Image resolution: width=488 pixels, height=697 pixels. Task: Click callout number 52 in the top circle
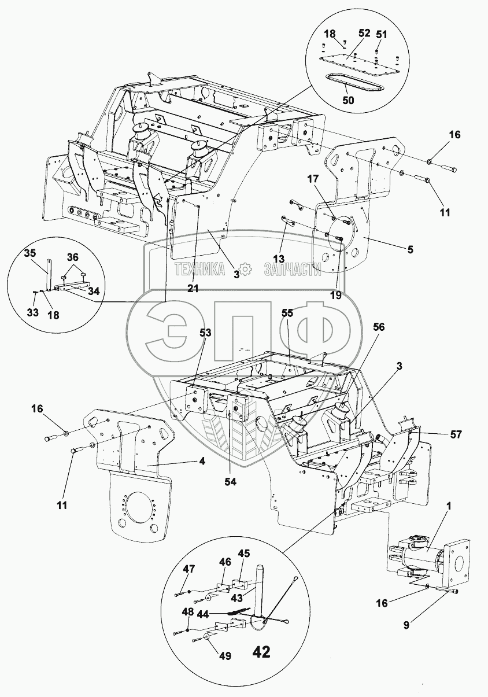[x=364, y=34]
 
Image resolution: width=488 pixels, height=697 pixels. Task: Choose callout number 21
[x=193, y=289]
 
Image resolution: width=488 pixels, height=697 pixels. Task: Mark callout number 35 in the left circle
[x=29, y=253]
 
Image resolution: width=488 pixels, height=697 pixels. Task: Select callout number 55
[x=287, y=312]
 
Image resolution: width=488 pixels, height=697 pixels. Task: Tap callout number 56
[x=379, y=326]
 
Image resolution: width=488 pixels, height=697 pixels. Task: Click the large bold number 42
[x=261, y=652]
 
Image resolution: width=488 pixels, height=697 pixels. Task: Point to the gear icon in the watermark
[x=246, y=269]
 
